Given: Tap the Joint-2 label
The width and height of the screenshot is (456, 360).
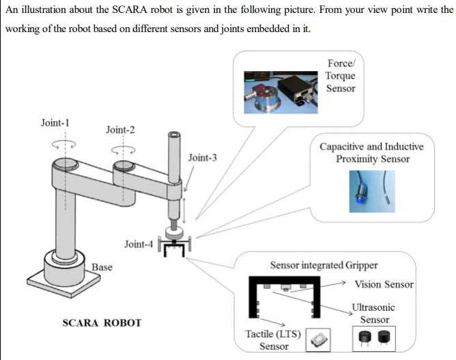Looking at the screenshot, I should point(120,129).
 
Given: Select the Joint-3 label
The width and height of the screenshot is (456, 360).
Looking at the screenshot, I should point(203,158).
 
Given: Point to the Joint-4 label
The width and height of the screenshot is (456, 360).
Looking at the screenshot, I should point(139,244).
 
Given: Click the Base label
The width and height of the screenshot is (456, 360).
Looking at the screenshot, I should point(102,266).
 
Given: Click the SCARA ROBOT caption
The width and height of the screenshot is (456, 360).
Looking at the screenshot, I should point(102,322).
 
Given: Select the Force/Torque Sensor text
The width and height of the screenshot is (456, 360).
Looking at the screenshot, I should point(340,76).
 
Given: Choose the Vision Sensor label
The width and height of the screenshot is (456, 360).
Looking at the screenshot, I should point(384,284).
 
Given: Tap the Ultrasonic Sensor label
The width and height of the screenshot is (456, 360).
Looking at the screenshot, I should point(374,314).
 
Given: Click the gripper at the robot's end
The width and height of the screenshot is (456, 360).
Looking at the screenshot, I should point(175,246).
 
